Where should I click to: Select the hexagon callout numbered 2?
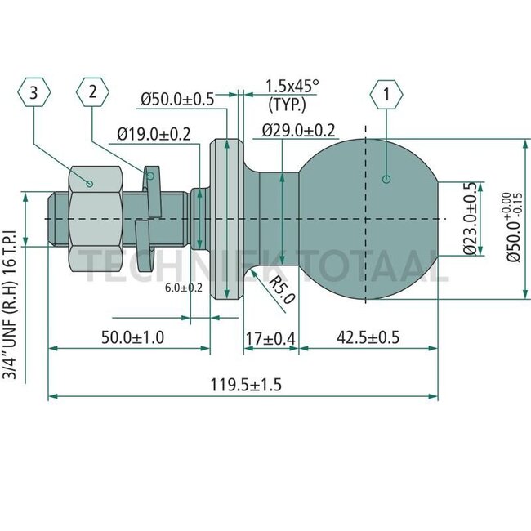click(93, 91)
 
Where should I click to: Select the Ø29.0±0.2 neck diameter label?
click(299, 130)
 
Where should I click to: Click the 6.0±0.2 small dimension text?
click(184, 288)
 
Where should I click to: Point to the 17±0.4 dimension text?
click(270, 337)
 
